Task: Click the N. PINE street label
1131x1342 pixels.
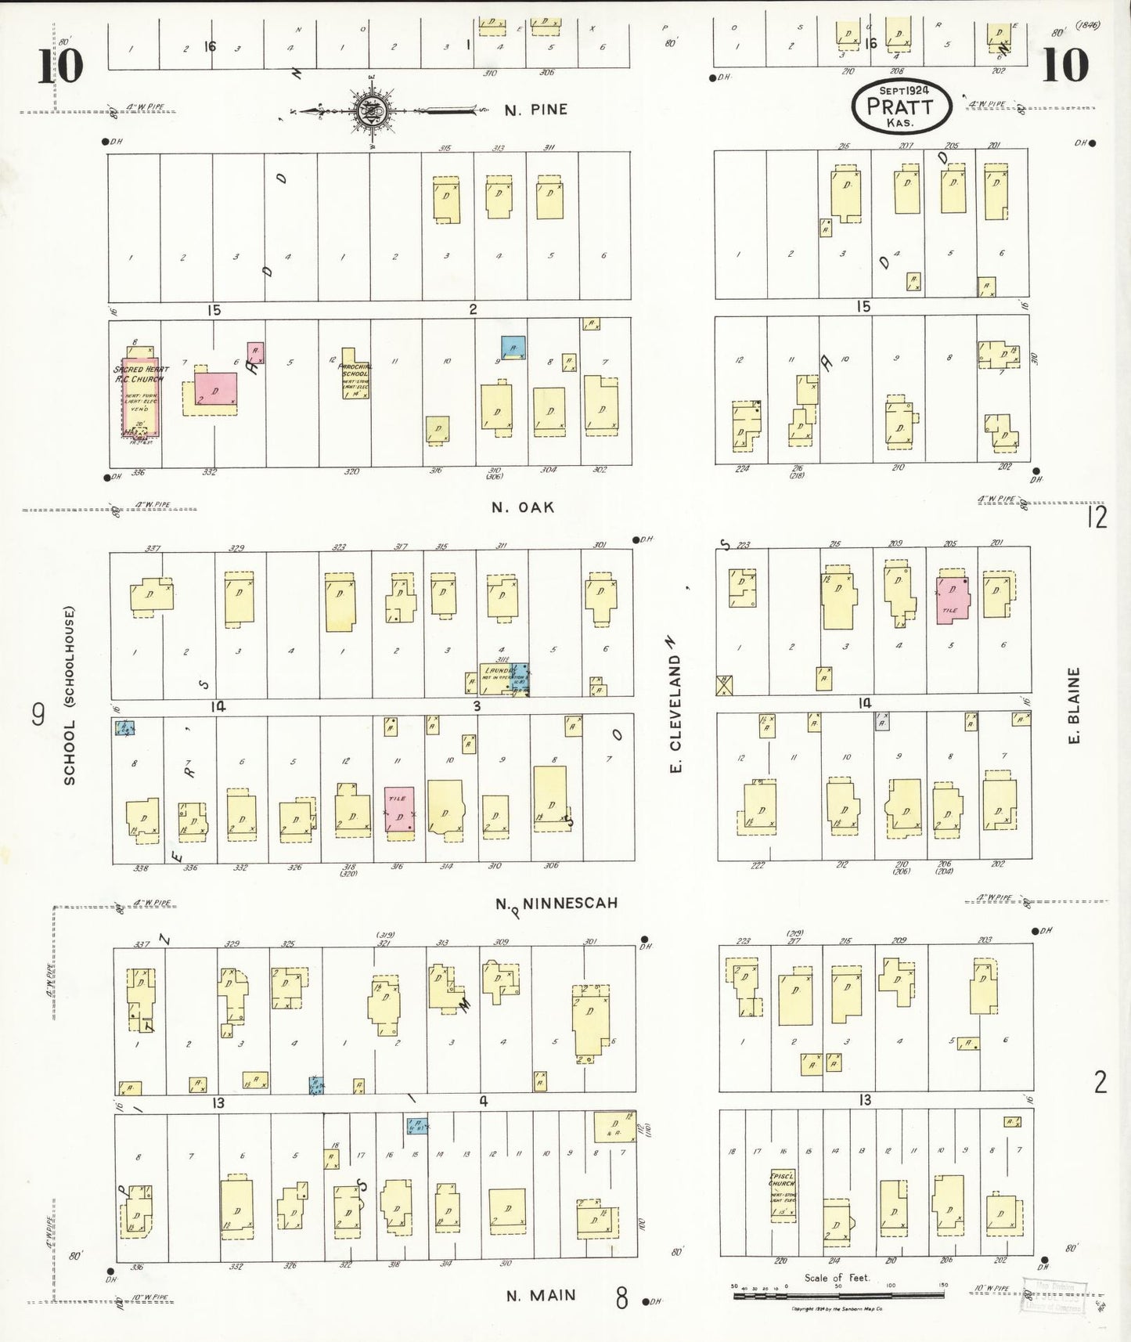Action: coord(535,110)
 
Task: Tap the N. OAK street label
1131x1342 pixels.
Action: coord(523,507)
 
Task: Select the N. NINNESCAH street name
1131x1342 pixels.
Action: coord(557,904)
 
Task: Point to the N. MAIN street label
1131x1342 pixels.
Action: coord(541,1296)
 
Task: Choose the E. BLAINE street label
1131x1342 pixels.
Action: coord(1074,705)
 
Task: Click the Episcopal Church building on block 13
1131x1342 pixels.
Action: coord(782,1195)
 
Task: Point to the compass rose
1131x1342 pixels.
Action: coord(368,110)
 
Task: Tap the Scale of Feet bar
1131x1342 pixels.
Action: coord(838,1297)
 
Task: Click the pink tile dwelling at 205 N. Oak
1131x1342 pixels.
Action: coord(953,600)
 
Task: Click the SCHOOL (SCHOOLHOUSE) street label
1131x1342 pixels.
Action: coord(70,694)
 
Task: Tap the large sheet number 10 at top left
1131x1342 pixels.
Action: coord(59,66)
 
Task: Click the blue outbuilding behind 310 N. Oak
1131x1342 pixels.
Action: coord(513,347)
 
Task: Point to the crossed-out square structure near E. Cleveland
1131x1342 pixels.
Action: coord(725,685)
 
